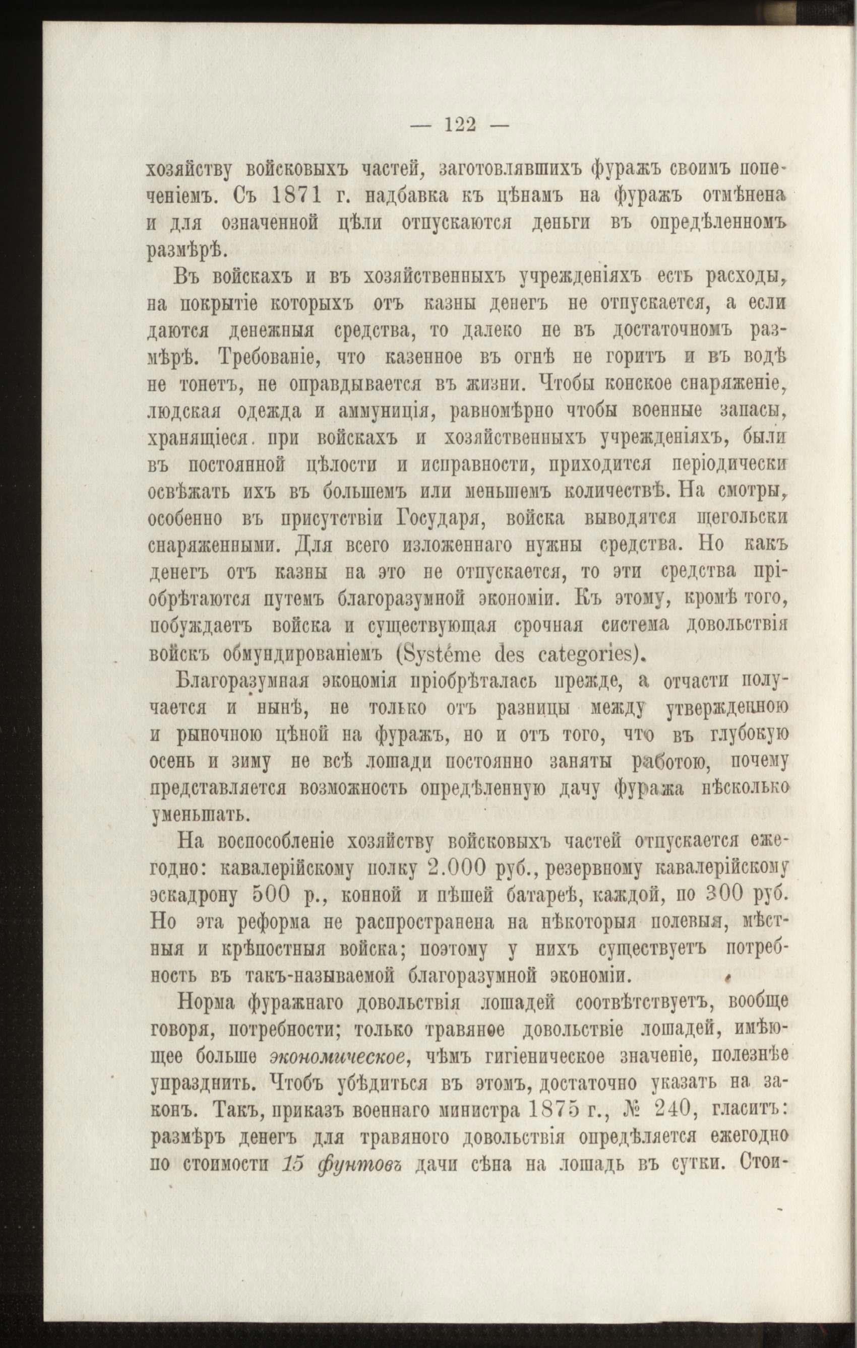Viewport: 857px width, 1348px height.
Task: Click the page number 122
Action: (460, 124)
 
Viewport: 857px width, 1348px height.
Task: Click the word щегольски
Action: (742, 518)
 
